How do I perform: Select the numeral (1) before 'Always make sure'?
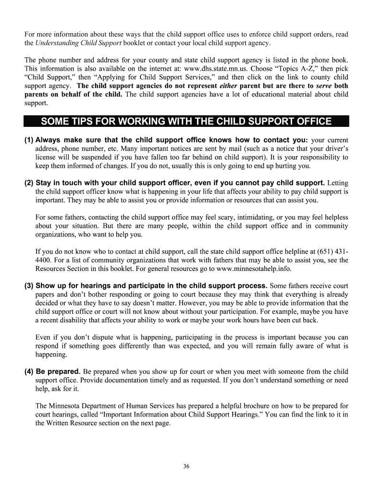(29, 140)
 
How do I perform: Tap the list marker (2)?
(29, 183)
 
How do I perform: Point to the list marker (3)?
(29, 285)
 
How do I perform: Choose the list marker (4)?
(29, 371)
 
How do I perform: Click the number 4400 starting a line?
(44, 260)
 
